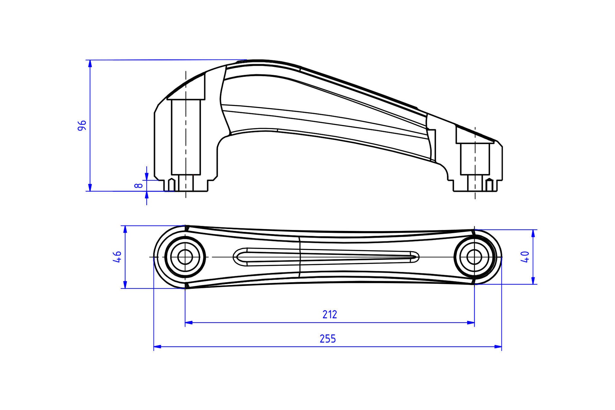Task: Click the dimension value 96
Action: tap(82, 126)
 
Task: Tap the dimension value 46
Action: tap(117, 257)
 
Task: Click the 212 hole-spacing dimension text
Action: tap(330, 314)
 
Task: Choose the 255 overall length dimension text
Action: tap(328, 339)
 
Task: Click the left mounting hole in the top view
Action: tap(185, 257)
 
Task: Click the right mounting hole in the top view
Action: tap(474, 257)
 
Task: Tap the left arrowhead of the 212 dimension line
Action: tap(189, 323)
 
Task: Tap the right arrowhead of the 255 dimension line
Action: tap(498, 347)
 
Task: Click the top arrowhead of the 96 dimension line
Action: tap(90, 64)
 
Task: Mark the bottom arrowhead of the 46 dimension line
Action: tap(125, 284)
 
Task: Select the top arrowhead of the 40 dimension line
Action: tap(533, 233)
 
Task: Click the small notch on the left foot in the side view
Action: tap(171, 185)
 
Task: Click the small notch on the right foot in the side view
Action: tap(489, 185)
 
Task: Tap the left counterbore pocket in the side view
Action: tap(186, 137)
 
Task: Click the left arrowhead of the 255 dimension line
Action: tap(157, 347)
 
